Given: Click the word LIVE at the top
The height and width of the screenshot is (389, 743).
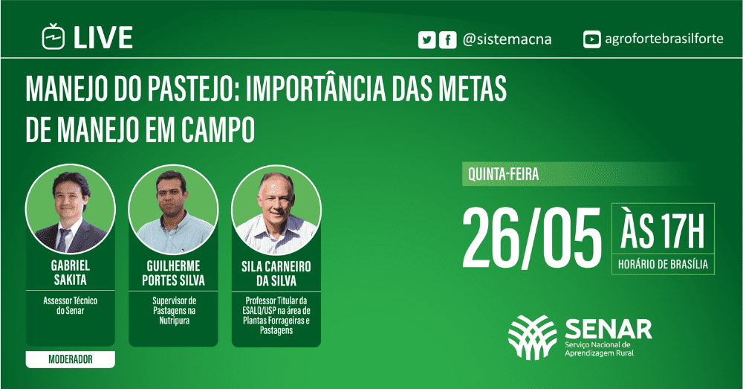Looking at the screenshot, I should [x=103, y=37].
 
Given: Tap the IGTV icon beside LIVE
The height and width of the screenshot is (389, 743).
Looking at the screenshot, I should [x=53, y=36].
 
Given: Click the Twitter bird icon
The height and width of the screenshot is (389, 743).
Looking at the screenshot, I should [x=426, y=39].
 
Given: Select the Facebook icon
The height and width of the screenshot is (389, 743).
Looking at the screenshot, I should [x=447, y=39].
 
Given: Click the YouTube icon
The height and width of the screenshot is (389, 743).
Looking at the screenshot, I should [x=592, y=39].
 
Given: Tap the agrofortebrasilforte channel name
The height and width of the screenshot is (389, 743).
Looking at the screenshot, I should [x=664, y=39].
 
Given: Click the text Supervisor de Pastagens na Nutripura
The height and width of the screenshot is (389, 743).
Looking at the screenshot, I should [x=173, y=311].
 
